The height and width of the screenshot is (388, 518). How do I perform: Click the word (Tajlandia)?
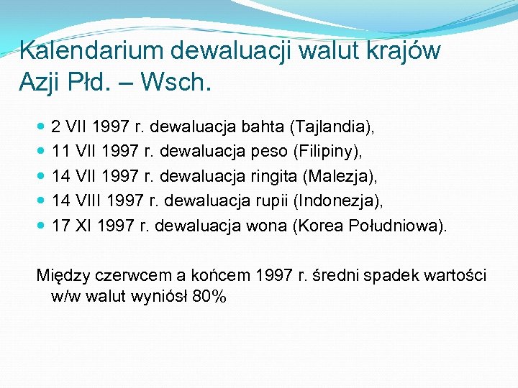pyautogui.click(x=331, y=128)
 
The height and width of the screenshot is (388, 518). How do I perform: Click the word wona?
pyautogui.click(x=267, y=226)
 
